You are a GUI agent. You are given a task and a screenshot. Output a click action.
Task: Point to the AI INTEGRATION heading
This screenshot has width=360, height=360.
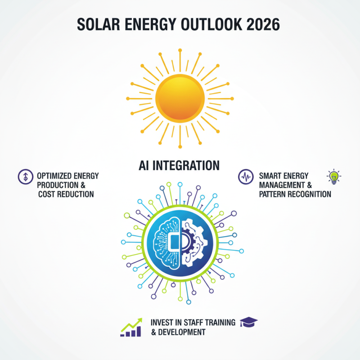point(180,165)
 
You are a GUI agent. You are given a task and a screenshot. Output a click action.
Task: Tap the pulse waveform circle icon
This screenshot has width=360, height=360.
point(245,176)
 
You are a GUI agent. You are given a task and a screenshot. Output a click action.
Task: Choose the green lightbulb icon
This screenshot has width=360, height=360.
point(333,175)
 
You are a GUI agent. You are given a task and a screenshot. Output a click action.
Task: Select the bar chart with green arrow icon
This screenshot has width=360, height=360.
point(131,327)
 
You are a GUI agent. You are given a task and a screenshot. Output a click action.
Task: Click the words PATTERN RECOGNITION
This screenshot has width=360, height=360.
point(295,194)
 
